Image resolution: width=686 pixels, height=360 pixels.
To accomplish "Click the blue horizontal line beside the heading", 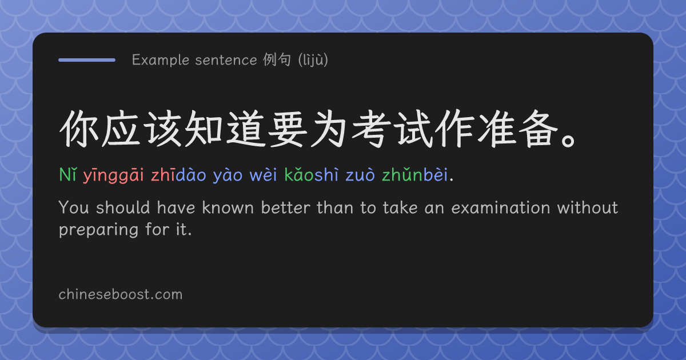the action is pyautogui.click(x=87, y=60).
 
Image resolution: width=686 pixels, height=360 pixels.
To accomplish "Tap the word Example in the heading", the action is pyautogui.click(x=161, y=60).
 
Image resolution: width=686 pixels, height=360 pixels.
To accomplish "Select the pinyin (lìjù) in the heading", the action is pyautogui.click(x=313, y=60).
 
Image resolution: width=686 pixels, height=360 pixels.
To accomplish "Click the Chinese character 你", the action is pyautogui.click(x=79, y=129).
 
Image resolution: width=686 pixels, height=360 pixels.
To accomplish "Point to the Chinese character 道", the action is pyautogui.click(x=246, y=129).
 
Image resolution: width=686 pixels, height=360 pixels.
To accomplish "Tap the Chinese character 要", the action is pyautogui.click(x=288, y=129).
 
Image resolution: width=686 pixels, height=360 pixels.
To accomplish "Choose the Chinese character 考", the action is pyautogui.click(x=372, y=129).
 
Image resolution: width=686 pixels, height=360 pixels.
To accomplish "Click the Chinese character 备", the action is pyautogui.click(x=539, y=129).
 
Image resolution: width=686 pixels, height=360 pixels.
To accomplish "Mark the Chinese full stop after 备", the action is pyautogui.click(x=569, y=140).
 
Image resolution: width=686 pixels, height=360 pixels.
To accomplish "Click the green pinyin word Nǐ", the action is pyautogui.click(x=67, y=174).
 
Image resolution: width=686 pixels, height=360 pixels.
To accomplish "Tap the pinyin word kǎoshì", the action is pyautogui.click(x=312, y=174).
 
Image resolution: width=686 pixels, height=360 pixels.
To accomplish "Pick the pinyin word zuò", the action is pyautogui.click(x=360, y=175).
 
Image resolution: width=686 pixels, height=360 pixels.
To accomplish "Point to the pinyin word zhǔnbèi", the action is pyautogui.click(x=414, y=174).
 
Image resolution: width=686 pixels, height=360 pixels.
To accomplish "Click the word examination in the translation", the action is pyautogui.click(x=501, y=208).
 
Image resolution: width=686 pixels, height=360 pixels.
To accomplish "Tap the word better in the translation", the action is pyautogui.click(x=285, y=208).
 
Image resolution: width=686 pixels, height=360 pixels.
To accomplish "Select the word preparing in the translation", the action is pyautogui.click(x=98, y=230).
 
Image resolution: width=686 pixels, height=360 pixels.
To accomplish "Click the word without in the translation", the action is pyautogui.click(x=588, y=208).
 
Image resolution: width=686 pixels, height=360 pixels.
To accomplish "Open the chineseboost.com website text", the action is pyautogui.click(x=121, y=294).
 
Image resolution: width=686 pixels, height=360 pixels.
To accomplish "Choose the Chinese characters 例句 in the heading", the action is pyautogui.click(x=277, y=59).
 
